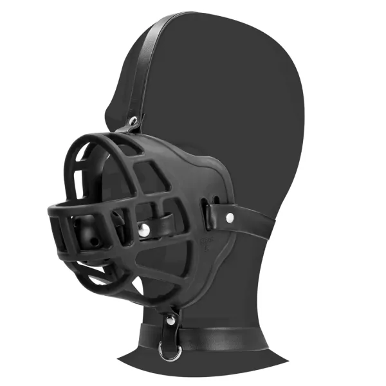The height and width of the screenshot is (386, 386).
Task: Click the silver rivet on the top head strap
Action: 133,121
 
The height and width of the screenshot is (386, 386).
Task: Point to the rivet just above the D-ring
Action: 170,320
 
